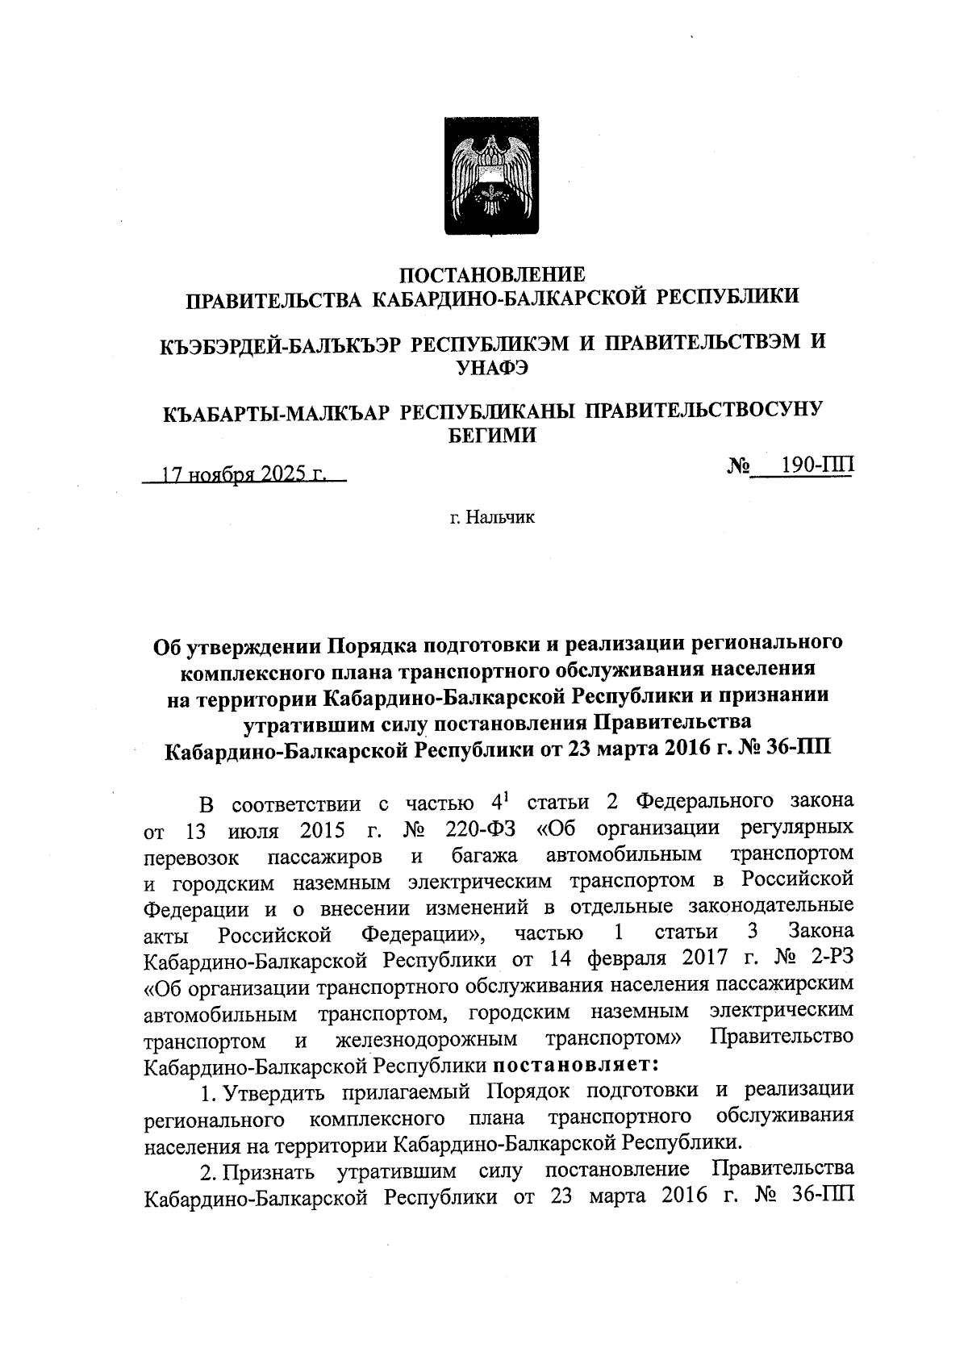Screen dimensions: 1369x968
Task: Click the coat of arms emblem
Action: click(492, 176)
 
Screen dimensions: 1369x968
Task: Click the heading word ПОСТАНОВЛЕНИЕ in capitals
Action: click(492, 274)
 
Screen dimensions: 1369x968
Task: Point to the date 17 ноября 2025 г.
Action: click(243, 474)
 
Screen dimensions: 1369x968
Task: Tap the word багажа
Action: click(484, 855)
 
